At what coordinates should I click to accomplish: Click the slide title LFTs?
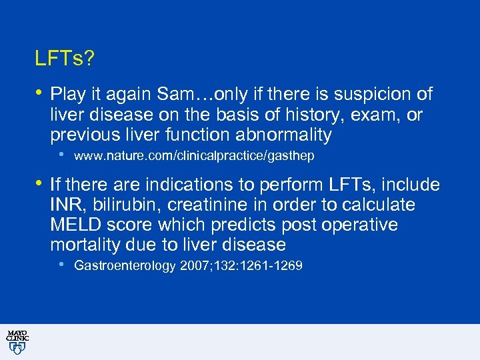[x=65, y=60]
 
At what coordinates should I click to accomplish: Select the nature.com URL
[x=194, y=156]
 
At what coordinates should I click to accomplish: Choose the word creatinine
[x=208, y=205]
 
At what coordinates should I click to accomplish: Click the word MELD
[x=75, y=225]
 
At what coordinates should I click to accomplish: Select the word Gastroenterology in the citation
[x=125, y=266]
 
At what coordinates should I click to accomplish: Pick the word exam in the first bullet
[x=366, y=115]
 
